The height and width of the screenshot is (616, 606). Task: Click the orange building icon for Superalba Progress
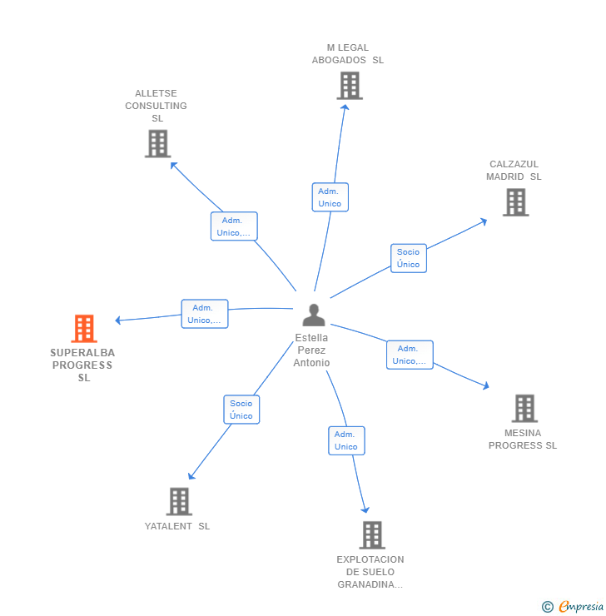coord(84,329)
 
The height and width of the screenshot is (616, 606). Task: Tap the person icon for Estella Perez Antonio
coord(314,315)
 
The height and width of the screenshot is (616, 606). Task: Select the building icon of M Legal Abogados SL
coord(349,86)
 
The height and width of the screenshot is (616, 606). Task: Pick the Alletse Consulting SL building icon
coord(157,143)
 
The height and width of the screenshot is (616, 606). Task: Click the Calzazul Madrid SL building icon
coord(515,202)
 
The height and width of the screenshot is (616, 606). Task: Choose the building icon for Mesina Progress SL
coord(524,408)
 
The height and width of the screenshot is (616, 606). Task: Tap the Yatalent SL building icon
coord(179,501)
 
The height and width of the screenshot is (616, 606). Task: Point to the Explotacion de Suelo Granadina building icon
coord(371,534)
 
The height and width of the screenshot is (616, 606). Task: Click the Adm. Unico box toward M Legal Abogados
coord(330,197)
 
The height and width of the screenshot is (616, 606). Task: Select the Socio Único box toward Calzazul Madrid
coord(409,258)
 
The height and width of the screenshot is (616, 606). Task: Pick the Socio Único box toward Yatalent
coord(241,410)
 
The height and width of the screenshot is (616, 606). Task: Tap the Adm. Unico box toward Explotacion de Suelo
coord(345,440)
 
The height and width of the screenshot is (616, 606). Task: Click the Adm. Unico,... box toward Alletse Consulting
coord(234,226)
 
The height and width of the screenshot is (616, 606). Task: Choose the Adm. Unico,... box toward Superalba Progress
coord(205,314)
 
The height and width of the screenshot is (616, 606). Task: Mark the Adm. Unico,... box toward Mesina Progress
coord(410,355)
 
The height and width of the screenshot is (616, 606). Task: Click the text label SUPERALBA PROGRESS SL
coord(82,365)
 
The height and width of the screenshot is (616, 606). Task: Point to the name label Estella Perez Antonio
coord(312,350)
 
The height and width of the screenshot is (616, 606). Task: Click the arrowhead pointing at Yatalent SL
coord(191,477)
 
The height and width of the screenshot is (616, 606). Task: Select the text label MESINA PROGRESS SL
coord(523,439)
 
